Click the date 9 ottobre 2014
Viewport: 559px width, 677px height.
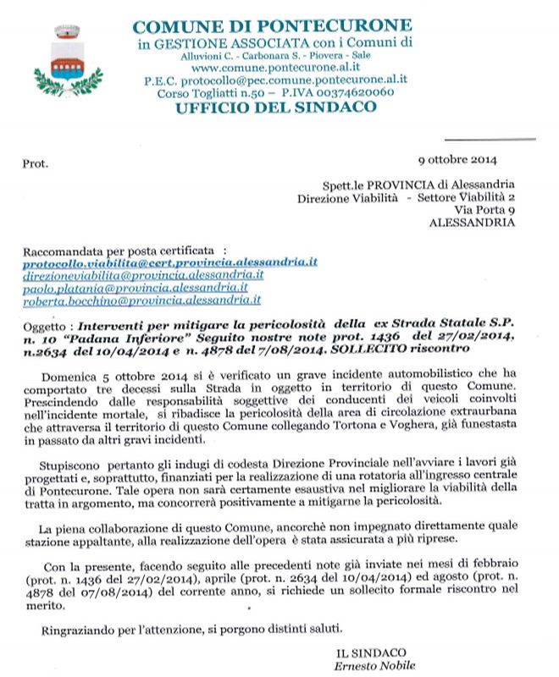[458, 159]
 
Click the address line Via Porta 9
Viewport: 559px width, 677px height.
[484, 209]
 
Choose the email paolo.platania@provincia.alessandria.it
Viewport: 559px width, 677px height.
[135, 288]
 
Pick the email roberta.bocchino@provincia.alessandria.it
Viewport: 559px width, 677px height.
[141, 300]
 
